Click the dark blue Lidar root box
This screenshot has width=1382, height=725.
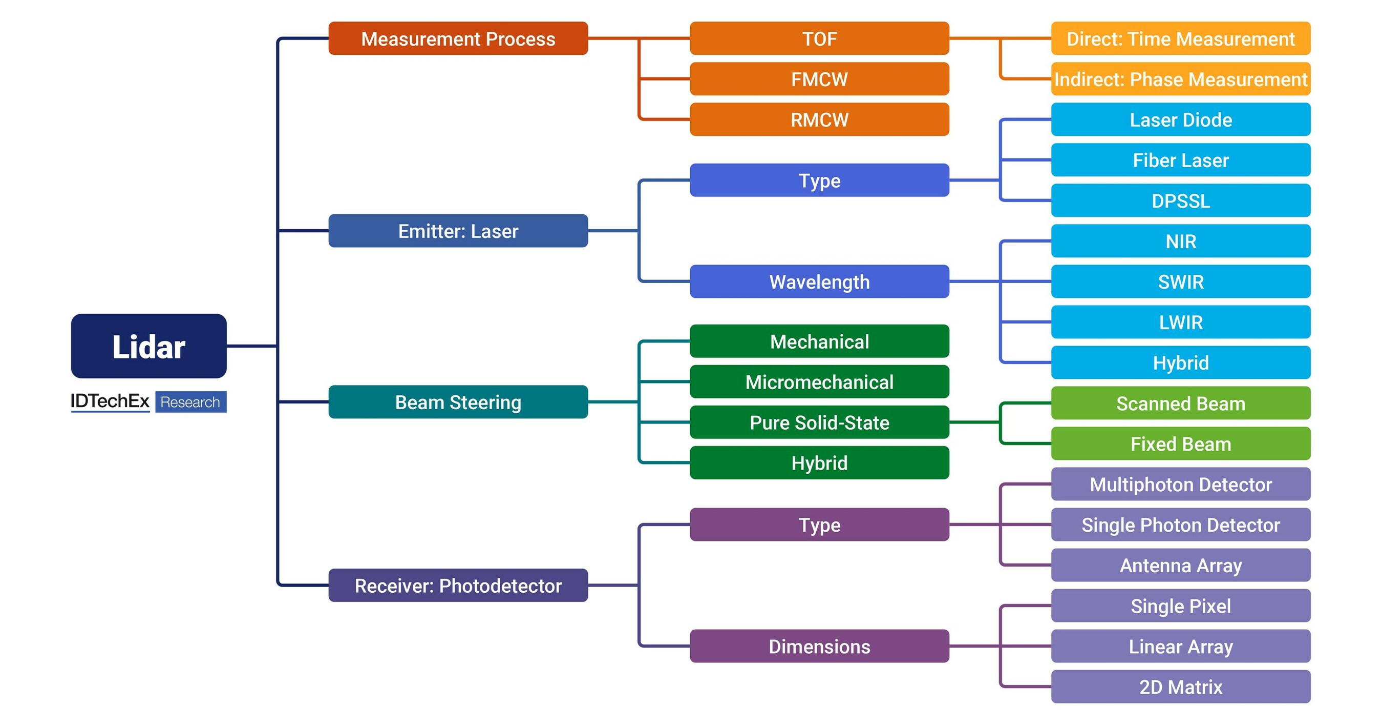[x=148, y=346]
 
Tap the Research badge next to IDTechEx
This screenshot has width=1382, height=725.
[x=190, y=401]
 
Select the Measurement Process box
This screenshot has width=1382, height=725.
[x=458, y=38]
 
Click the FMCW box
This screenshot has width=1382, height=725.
[x=819, y=79]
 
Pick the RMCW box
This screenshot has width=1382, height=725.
[x=819, y=119]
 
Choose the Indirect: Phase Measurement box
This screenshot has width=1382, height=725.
[x=1180, y=79]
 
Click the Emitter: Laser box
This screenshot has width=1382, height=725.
[x=458, y=231]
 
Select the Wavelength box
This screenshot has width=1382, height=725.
[x=819, y=281]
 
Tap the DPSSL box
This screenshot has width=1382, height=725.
[x=1180, y=201]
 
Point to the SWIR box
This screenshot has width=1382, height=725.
[x=1180, y=281]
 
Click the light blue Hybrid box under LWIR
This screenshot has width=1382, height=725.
[x=1180, y=362]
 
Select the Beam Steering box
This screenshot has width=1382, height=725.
[x=458, y=401]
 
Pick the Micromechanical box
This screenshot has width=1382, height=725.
[x=819, y=382]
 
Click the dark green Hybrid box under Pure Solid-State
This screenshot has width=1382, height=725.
[x=819, y=463]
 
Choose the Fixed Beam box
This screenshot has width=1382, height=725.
[x=1180, y=444]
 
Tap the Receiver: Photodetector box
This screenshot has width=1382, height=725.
[x=458, y=586]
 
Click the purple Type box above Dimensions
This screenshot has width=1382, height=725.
[x=819, y=525]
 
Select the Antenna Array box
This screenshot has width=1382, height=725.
[x=1180, y=565]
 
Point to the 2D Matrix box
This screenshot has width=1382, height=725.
[x=1180, y=687]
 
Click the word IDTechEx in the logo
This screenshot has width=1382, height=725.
[x=110, y=401]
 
